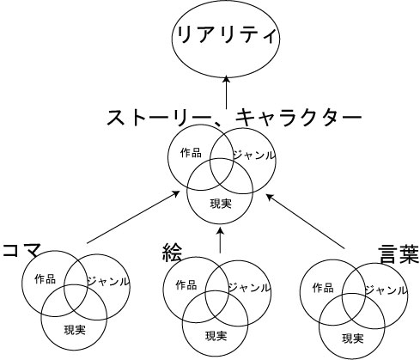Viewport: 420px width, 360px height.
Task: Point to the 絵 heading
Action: tap(172, 253)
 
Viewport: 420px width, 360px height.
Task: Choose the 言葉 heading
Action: tap(399, 254)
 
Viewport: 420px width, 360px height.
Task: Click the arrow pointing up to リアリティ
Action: tap(227, 92)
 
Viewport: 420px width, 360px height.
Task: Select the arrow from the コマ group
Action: tap(133, 217)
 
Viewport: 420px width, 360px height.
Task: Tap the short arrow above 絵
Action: tap(220, 241)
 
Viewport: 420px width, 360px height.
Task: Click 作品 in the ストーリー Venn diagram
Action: tap(191, 153)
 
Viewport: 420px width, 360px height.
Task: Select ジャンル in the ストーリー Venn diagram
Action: tap(253, 155)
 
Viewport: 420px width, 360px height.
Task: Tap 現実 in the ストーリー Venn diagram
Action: tap(221, 204)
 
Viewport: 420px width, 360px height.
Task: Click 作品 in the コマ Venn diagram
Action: tap(46, 279)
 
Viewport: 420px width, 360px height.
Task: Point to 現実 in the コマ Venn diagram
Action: tap(75, 330)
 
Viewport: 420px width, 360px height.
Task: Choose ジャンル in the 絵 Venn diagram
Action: tap(249, 287)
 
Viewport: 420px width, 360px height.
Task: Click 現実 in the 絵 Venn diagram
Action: tap(216, 336)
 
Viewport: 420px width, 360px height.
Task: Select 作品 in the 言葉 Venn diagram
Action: tap(323, 288)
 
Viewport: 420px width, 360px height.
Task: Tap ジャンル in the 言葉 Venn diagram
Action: tap(386, 290)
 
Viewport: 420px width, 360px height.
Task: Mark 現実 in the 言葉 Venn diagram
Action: tap(353, 339)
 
